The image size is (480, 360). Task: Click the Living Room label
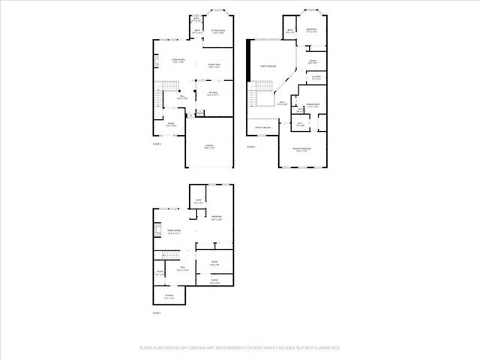(x=178, y=60)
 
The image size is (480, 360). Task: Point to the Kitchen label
(x=212, y=94)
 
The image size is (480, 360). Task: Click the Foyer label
(x=172, y=124)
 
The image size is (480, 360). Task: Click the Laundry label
(x=316, y=77)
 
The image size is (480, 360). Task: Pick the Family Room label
(x=172, y=232)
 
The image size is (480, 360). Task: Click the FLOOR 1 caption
(x=157, y=313)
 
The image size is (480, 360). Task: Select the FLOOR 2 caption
(x=157, y=142)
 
